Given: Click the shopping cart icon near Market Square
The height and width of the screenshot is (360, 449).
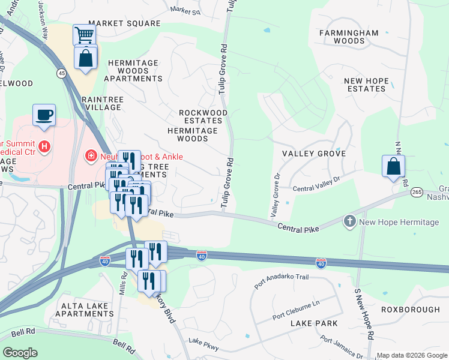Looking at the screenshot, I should point(85,35).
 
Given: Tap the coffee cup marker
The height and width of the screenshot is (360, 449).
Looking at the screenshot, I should point(44,114).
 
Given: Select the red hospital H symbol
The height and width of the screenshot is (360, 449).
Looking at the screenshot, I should point(43,146).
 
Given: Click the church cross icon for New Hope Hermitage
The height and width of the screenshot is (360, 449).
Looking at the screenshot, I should point(350,223).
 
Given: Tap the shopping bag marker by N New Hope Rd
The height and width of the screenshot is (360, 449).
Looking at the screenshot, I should point(393,166).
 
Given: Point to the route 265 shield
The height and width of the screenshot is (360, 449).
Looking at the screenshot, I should point(417,191).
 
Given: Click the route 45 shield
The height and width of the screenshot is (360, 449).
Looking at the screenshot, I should point(61,73).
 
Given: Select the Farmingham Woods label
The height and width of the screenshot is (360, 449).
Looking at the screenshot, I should point(349,37).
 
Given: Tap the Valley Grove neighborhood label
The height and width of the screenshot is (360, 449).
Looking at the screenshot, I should point(314,154).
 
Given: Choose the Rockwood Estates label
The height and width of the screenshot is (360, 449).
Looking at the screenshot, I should point(204,116).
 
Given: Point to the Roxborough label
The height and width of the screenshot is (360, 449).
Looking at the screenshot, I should point(411,310).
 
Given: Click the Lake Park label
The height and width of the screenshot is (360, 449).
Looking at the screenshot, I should point(313,323).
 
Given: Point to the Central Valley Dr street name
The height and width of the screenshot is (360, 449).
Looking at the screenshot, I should point(316,183).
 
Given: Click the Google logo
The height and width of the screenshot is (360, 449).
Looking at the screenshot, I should point(20,353).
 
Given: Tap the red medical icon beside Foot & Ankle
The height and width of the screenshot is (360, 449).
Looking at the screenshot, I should point(91,156).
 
